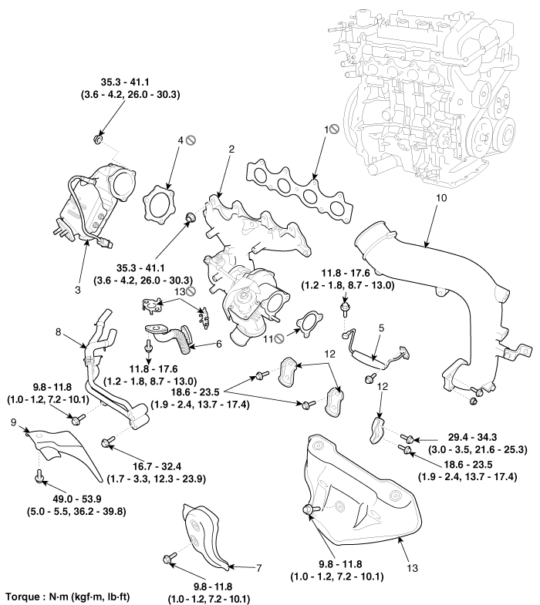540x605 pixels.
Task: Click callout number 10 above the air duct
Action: (x=441, y=198)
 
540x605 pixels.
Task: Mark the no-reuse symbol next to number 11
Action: (x=286, y=337)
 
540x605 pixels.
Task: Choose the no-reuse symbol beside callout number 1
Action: (x=335, y=129)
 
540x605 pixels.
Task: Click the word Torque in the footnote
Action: (x=22, y=597)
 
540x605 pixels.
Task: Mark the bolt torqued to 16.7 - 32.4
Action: (x=108, y=441)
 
